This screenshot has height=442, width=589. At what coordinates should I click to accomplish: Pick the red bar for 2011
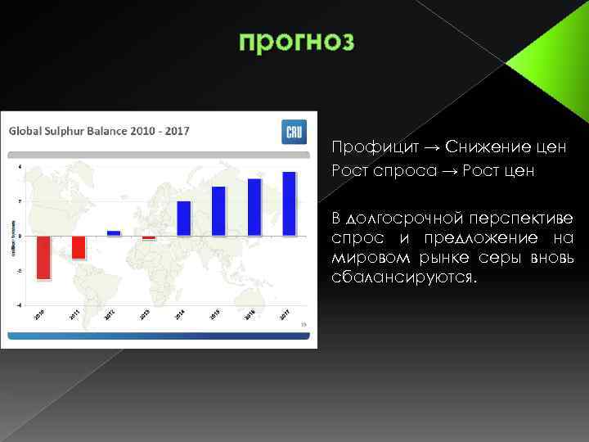79,247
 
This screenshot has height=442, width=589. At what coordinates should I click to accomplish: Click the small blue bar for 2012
114,233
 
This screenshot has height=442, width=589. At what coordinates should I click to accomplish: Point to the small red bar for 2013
148,238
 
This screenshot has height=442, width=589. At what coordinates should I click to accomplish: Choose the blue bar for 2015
218,211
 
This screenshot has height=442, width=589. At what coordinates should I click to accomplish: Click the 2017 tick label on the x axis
284,313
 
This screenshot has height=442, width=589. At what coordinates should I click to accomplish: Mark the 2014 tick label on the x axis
178,313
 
